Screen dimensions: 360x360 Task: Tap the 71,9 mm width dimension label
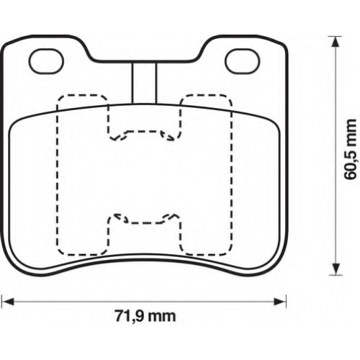[145, 316]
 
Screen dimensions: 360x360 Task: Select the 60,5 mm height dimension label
[351, 149]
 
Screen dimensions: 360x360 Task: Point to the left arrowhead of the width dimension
[7, 302]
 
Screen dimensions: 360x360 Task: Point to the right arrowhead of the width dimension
[281, 302]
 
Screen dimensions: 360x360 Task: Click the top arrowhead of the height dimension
[336, 42]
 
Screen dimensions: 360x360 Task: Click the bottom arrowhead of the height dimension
[336, 269]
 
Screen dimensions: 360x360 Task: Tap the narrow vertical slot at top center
[144, 83]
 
